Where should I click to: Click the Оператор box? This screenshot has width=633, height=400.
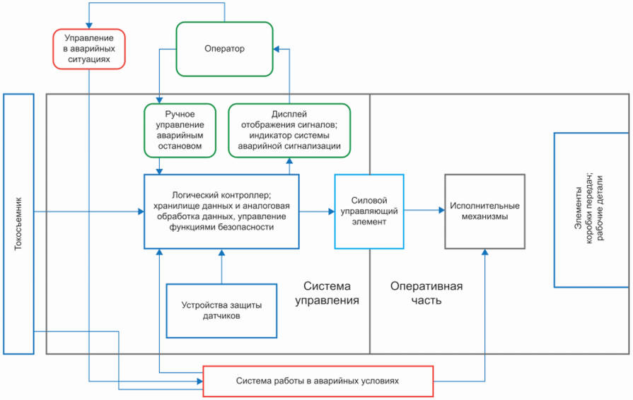click(x=224, y=49)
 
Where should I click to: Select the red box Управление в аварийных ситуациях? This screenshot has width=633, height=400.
click(x=88, y=49)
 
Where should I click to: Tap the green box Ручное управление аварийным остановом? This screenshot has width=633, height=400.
click(x=179, y=130)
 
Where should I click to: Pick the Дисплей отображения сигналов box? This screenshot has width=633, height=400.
click(x=289, y=130)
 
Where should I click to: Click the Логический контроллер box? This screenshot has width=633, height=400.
click(x=221, y=211)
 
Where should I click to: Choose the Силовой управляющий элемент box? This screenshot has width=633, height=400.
click(x=368, y=211)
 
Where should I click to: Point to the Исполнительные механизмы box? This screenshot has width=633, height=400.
click(x=484, y=211)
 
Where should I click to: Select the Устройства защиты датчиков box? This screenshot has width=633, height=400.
click(x=221, y=310)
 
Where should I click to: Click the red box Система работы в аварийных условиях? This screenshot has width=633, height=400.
click(x=318, y=380)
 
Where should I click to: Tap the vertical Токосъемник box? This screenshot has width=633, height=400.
click(x=18, y=223)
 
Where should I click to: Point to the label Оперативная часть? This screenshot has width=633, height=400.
click(x=426, y=293)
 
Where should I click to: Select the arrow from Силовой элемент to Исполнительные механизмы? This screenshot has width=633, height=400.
click(x=424, y=209)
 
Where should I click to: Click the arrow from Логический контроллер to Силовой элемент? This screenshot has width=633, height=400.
click(x=316, y=211)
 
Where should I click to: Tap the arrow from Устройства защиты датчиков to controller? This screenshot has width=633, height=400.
click(x=221, y=266)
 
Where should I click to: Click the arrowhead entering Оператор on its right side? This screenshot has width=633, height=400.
click(x=277, y=49)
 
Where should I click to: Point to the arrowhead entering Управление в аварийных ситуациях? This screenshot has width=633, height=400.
click(x=88, y=25)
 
